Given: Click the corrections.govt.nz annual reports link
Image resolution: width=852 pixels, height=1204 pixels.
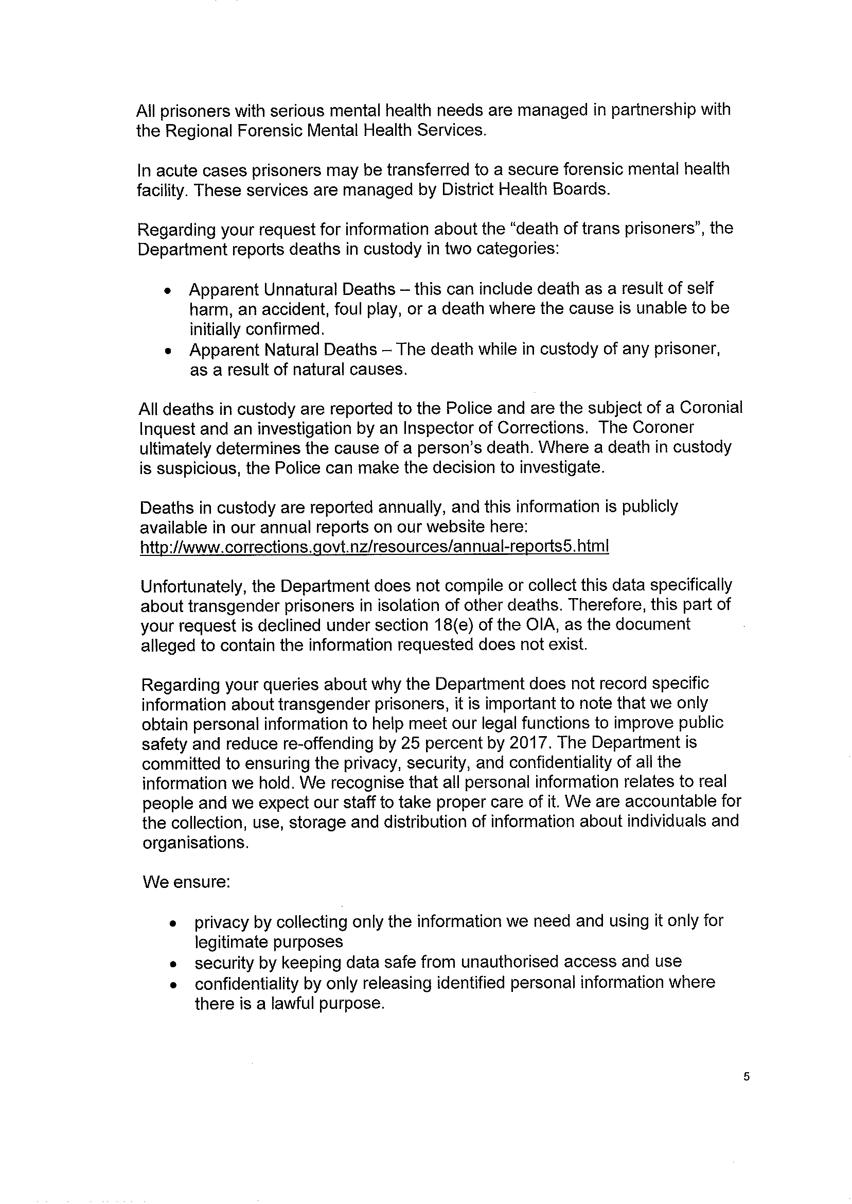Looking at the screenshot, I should click(x=374, y=546).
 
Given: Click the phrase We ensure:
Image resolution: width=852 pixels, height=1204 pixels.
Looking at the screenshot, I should click(x=186, y=882).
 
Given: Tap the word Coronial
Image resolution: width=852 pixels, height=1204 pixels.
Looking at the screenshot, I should click(x=711, y=408).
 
